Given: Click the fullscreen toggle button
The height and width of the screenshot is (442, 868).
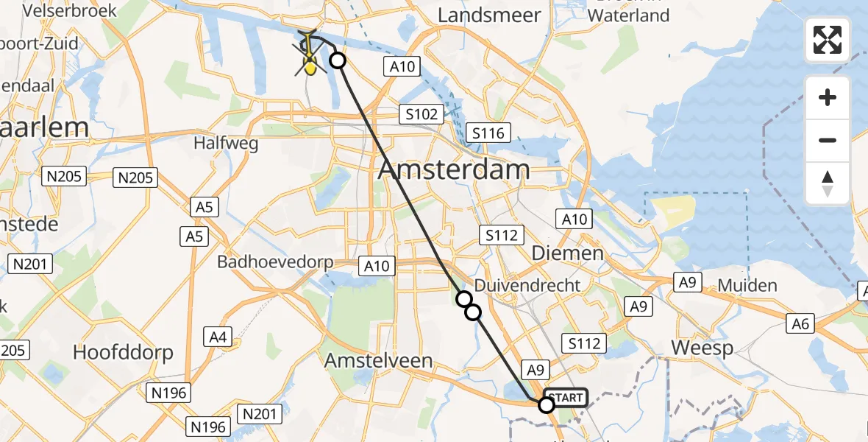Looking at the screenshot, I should coord(828,39).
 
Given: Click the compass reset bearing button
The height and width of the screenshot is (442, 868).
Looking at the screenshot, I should coord(828,184).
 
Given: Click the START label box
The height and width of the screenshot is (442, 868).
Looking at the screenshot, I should coord(566,399).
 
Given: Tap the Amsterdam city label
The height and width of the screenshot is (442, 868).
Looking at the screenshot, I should coord(454,169).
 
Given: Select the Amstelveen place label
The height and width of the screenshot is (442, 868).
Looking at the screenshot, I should coord(378,360).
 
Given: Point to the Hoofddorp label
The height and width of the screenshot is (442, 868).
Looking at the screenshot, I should coord(123,353).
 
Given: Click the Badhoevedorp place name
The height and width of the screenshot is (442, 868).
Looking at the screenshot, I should coord(275,262).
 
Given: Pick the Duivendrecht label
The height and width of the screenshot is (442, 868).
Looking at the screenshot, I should coord(527,285).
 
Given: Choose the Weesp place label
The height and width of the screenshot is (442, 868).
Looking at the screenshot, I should coord(702,348).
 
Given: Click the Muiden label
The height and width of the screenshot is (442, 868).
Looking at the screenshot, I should coord(747,285).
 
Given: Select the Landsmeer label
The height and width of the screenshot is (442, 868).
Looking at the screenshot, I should coord(489,15).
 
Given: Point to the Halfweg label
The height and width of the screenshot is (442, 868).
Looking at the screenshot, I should coord(226,143).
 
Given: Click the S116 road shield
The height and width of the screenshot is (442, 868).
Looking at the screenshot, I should coord(489,133).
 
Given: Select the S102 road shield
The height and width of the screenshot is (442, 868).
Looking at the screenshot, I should coord(421,114).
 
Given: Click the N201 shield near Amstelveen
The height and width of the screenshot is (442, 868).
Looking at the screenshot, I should coord(260,415).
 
